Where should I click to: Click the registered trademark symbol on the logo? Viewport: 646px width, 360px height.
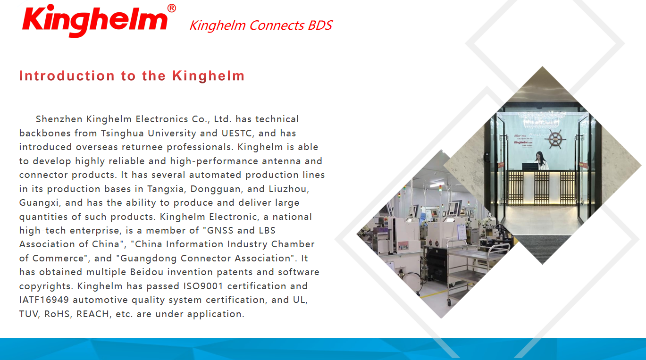(x=172, y=8)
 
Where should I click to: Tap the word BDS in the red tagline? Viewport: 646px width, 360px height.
(x=320, y=25)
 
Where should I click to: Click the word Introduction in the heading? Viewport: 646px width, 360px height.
(x=67, y=76)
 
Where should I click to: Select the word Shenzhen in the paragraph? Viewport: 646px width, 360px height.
(x=59, y=119)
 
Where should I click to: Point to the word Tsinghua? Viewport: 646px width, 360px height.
(x=122, y=133)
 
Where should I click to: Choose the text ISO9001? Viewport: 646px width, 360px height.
(x=203, y=286)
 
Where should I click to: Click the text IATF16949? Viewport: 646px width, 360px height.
(x=44, y=300)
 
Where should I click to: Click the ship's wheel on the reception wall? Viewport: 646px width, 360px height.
(x=555, y=139)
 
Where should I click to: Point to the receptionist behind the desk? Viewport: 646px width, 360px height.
(x=541, y=160)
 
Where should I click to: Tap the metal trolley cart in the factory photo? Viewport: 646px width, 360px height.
(x=473, y=268)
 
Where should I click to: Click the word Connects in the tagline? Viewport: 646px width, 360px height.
(x=276, y=25)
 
